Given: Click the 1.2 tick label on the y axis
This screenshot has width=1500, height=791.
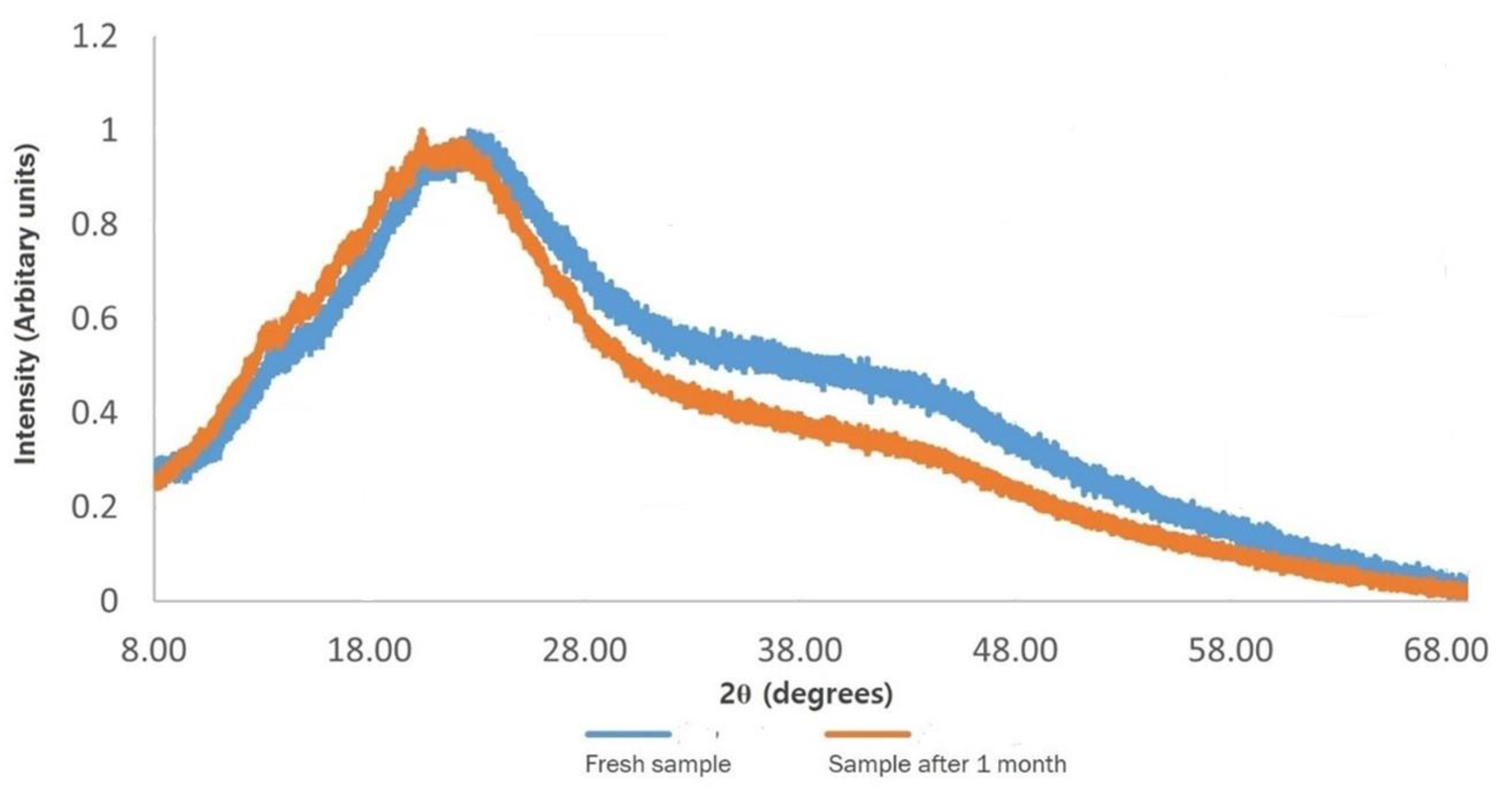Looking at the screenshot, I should pyautogui.click(x=94, y=37).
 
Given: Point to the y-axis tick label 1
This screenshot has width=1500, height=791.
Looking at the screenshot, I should pyautogui.click(x=109, y=130).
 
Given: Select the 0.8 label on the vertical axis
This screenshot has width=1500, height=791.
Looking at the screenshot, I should pyautogui.click(x=94, y=225).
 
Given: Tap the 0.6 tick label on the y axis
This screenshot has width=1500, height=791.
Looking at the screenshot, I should pyautogui.click(x=94, y=319).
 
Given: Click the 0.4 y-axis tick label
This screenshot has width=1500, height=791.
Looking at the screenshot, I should pyautogui.click(x=94, y=413).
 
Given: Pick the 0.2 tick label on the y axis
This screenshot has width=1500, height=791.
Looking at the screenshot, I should pyautogui.click(x=94, y=507).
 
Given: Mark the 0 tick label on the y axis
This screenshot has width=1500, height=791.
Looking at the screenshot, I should pyautogui.click(x=109, y=601).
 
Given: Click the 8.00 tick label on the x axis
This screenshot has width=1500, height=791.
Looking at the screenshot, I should pyautogui.click(x=154, y=650).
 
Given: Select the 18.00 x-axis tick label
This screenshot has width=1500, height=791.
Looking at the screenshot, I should pyautogui.click(x=369, y=650).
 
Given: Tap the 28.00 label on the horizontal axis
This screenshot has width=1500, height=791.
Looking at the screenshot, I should pyautogui.click(x=585, y=650).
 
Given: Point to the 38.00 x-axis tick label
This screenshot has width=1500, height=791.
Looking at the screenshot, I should pyautogui.click(x=800, y=650).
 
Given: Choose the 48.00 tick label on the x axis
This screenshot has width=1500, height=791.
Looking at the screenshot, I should pyautogui.click(x=1015, y=650).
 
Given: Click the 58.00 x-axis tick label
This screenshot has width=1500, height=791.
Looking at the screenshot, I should pyautogui.click(x=1230, y=650).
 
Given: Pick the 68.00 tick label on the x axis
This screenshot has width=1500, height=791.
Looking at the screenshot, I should pyautogui.click(x=1445, y=650).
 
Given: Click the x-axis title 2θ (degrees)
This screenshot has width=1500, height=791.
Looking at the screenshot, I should pyautogui.click(x=807, y=694).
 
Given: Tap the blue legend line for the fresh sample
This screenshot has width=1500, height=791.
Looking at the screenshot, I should pyautogui.click(x=628, y=735).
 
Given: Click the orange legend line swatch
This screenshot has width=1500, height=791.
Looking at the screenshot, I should pyautogui.click(x=868, y=735).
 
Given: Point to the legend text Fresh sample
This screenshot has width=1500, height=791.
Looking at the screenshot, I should pyautogui.click(x=658, y=764).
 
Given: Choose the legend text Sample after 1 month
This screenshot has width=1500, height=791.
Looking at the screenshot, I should pyautogui.click(x=947, y=764).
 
